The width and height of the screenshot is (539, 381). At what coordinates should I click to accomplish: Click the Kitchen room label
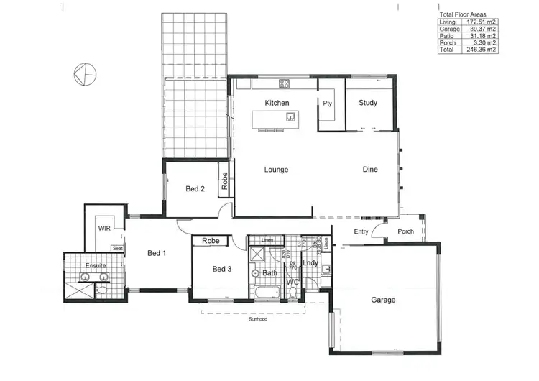[277, 103]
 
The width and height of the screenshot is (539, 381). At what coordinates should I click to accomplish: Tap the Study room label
[368, 103]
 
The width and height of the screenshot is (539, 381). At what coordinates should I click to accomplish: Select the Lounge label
[276, 170]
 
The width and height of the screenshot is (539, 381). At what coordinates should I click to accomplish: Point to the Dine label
[369, 170]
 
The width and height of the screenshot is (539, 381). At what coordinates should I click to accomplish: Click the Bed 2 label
[195, 189]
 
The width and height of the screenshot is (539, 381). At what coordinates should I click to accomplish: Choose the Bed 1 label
[157, 253]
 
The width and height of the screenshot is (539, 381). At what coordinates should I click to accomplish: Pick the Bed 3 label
[222, 270]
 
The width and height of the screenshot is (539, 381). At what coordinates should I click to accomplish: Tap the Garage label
[382, 300]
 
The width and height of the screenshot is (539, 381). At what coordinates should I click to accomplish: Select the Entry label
[361, 231]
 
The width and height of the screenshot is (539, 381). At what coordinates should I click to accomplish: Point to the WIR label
[103, 228]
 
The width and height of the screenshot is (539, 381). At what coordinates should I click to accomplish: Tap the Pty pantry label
[327, 103]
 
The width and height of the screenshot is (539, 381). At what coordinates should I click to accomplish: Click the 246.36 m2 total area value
[482, 50]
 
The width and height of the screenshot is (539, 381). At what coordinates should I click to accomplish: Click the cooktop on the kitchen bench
[284, 84]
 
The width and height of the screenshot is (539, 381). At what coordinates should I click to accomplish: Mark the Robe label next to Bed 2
[225, 180]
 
